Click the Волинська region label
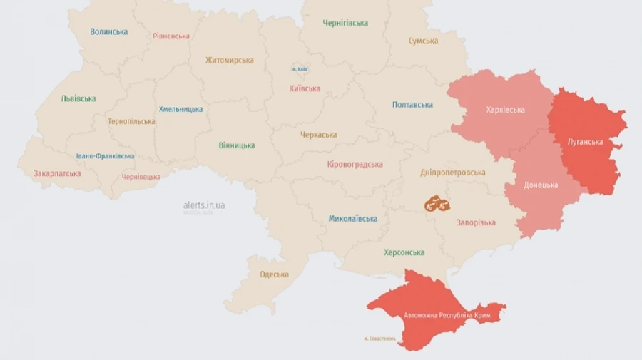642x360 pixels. pos(109,31)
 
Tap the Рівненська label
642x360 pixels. pos(171,36)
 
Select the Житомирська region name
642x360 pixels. pos(230,60)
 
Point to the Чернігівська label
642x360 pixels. pos(345,23)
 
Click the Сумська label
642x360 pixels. pos(423,41)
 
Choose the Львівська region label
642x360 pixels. pos(78,98)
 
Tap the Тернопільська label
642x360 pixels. pos(131,121)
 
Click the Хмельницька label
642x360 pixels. pos(180,109)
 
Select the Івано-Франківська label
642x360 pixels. pos(106,156)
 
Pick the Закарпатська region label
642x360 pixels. pos(57,173)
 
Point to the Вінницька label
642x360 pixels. pos(237,145)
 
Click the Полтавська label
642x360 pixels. pos(412,105)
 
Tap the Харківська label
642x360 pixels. pos(505,110)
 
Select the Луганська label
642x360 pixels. pos(585,142)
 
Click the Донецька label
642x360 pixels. pos(541,185)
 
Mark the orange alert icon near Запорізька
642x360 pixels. pos(437,204)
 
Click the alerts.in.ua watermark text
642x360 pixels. pos(203,205)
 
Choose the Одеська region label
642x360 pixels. pos(274,274)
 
